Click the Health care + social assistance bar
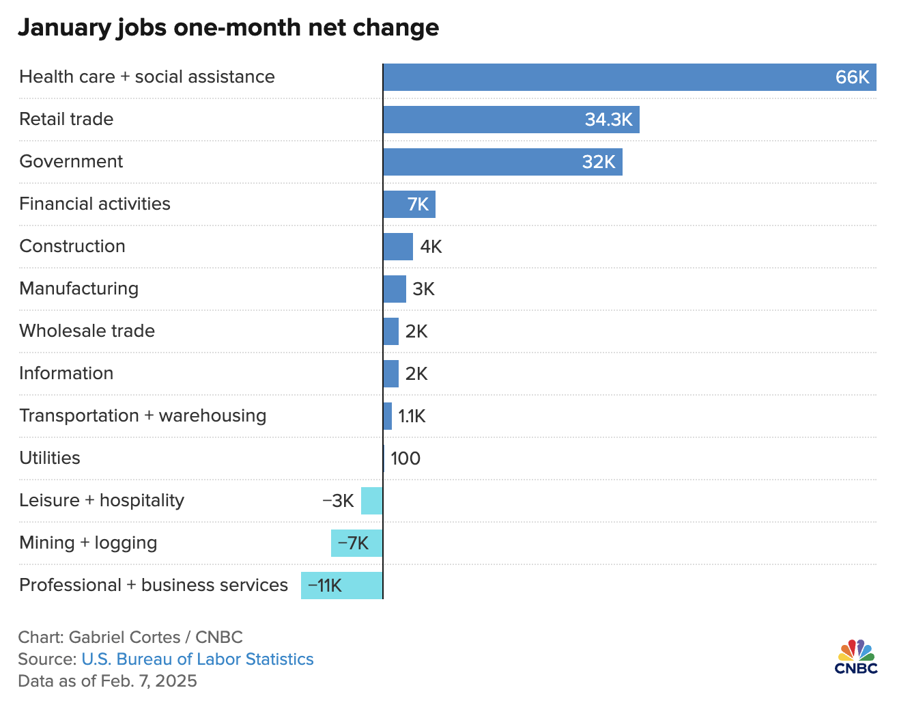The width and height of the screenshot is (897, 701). [x=614, y=77]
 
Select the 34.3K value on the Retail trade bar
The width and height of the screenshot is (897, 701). [x=608, y=120]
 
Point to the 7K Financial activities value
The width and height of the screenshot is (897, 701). [x=418, y=204]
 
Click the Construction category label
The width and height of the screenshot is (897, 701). [x=72, y=246]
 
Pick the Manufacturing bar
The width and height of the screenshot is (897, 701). [x=395, y=289]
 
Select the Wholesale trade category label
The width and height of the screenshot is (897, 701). [x=87, y=331]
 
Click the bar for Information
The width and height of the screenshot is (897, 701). [x=391, y=374]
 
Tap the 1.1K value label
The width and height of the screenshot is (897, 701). [x=412, y=416]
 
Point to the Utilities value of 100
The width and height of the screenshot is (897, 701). [x=405, y=458]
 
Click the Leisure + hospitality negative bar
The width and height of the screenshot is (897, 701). [x=372, y=501]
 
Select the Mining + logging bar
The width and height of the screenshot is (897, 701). [x=357, y=543]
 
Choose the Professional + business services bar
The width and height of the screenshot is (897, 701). [x=342, y=586]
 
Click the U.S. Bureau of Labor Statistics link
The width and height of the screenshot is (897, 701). [x=197, y=659]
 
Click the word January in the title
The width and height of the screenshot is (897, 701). [x=63, y=27]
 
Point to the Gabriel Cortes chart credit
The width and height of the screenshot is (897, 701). [x=130, y=637]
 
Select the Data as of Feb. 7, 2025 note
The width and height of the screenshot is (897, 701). [x=107, y=681]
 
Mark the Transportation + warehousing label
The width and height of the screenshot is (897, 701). [x=143, y=415]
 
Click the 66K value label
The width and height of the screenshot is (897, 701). [x=852, y=77]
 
